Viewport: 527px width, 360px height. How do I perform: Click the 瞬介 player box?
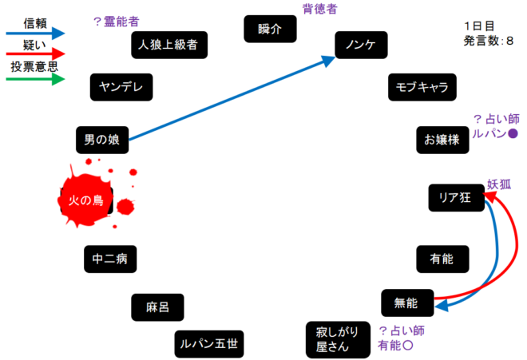click(x=271, y=29)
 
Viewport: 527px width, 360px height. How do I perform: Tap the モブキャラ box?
click(x=422, y=88)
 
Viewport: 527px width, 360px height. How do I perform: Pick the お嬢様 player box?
click(x=442, y=140)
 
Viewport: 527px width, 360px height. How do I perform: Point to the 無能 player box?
click(x=407, y=303)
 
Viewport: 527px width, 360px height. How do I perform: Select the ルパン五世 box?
click(x=209, y=344)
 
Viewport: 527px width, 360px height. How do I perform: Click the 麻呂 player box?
click(x=158, y=307)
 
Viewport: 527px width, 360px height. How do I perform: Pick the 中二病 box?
click(x=110, y=259)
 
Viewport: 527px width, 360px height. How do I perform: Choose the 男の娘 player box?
click(x=101, y=140)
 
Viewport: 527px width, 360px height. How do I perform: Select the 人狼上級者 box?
click(x=169, y=45)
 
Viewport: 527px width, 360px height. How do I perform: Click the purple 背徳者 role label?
click(x=319, y=9)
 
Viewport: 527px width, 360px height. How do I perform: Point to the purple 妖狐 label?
click(x=499, y=184)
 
